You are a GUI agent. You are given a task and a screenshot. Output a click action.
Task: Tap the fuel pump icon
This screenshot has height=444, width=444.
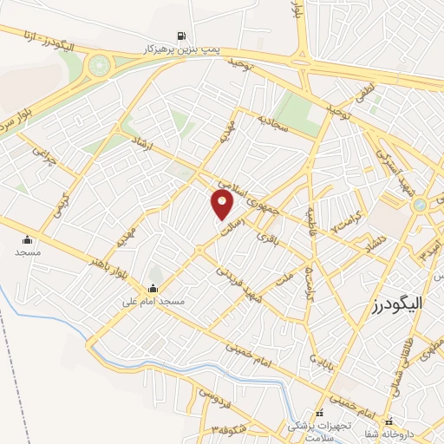pos(181,36)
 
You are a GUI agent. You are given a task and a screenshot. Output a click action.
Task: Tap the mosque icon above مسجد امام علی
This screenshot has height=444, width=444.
pos(154,289)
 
